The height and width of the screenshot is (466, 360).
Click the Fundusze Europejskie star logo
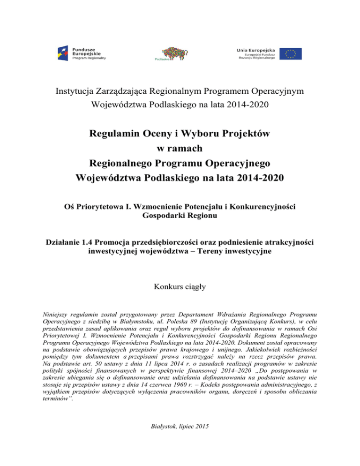click(64, 53)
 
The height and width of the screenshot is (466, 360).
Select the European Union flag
click(290, 53)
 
